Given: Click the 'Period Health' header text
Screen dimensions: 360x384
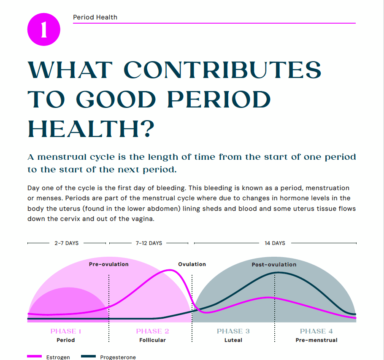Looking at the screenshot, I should (95, 17).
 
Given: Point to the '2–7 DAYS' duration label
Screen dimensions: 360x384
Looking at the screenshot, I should (66, 243).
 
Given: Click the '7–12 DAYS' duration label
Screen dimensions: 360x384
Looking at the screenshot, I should (149, 243).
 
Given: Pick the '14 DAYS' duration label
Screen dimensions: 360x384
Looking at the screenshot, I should (275, 243).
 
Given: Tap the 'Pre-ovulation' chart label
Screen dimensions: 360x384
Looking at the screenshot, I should (108, 264).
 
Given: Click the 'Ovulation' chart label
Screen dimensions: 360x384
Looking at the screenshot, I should (192, 264).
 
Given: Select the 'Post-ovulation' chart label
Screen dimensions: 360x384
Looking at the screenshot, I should (274, 265).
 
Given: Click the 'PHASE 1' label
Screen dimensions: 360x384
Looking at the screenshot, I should (66, 331).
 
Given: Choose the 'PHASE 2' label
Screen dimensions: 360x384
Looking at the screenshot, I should (152, 331).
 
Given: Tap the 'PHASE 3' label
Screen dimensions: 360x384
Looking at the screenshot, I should (233, 331).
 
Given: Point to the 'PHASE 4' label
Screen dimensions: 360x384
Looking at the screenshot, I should (316, 331).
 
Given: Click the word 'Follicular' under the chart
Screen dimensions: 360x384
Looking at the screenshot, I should (152, 340).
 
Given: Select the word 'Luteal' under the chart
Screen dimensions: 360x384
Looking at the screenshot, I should (233, 340).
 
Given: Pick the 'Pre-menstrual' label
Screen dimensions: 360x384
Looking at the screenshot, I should (316, 340).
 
